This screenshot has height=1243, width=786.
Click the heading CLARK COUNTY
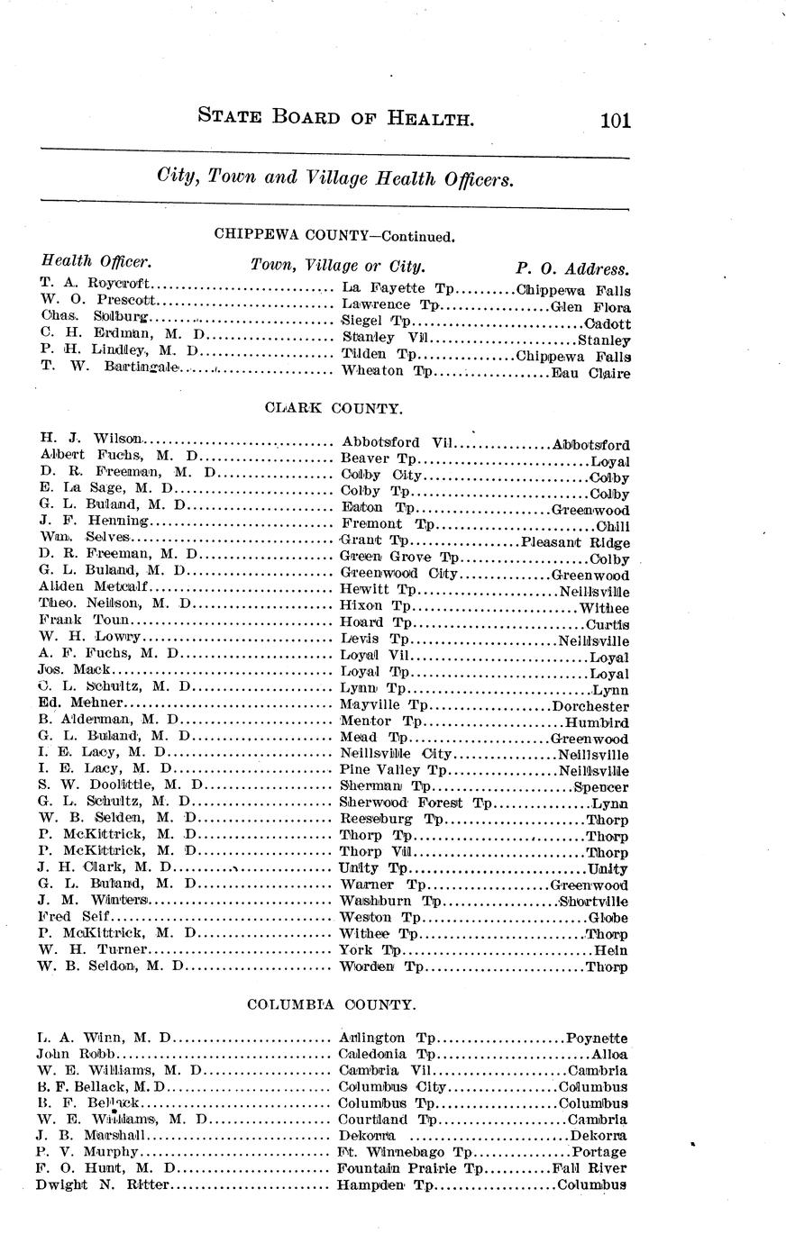click(x=334, y=408)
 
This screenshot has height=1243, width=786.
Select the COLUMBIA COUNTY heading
click(x=331, y=1004)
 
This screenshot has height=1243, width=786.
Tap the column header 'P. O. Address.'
click(x=572, y=268)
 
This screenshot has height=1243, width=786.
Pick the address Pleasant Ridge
click(x=575, y=542)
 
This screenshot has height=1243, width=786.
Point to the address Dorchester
click(x=589, y=706)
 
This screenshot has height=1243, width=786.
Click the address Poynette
click(x=596, y=1039)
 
